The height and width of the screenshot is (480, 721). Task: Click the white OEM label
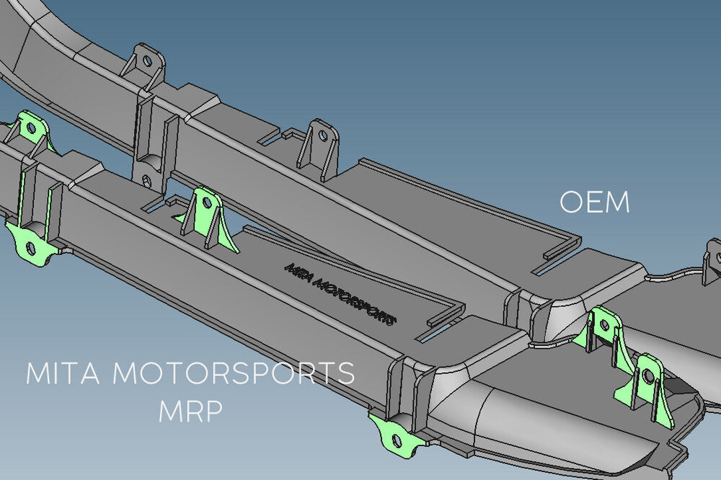tap(595, 203)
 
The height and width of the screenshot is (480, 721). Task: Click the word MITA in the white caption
tap(65, 373)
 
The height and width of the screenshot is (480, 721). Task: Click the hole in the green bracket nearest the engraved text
tap(208, 202)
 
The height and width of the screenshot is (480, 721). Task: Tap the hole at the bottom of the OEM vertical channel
tap(146, 178)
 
